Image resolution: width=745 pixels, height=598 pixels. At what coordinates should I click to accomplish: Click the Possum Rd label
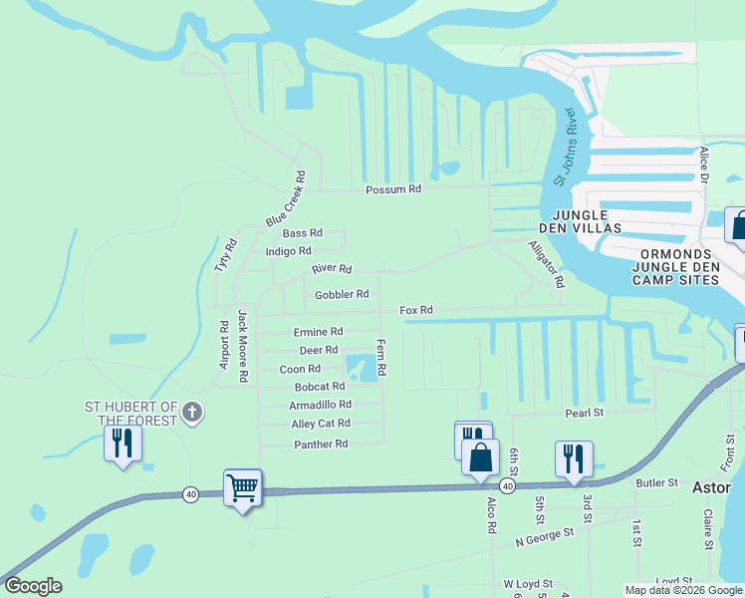393,188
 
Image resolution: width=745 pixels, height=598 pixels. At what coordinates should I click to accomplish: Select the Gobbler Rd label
342,295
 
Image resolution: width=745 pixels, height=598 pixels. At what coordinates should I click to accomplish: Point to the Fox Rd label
416,311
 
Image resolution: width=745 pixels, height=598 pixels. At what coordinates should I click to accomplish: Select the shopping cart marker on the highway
242,488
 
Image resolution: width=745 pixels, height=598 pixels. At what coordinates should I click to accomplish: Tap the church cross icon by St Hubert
194,412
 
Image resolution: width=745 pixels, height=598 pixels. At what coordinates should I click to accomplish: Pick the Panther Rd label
321,444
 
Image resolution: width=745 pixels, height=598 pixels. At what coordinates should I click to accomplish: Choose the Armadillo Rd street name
320,405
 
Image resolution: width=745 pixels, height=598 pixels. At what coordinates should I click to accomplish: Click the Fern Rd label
380,356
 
